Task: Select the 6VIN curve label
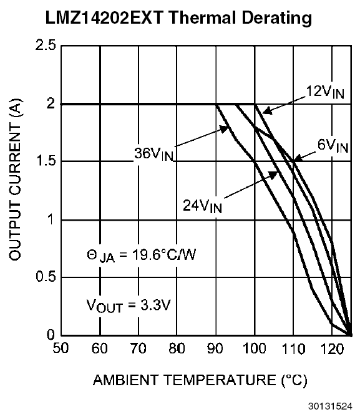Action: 330,147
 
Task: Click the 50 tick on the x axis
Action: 61,348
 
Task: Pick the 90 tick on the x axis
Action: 216,348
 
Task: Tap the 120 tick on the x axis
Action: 332,348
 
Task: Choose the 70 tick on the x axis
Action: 139,348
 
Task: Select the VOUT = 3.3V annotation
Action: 127,306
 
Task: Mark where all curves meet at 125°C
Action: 351,335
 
